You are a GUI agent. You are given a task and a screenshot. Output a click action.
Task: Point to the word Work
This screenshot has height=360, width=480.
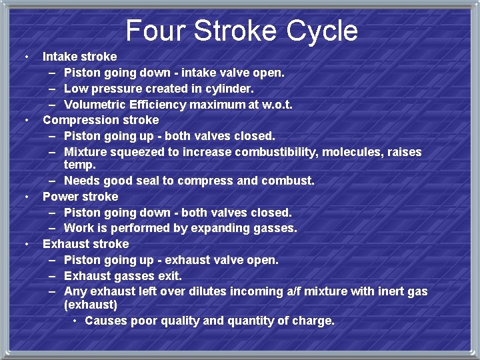click(79, 229)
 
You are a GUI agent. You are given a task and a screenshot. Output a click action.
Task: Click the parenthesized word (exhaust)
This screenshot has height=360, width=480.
click(91, 305)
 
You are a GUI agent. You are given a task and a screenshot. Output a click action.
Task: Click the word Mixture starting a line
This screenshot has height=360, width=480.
click(87, 152)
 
